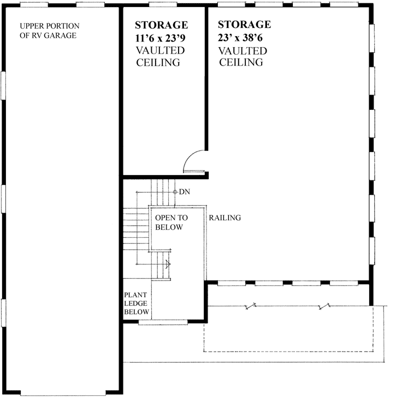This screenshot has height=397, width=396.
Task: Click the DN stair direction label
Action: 184,192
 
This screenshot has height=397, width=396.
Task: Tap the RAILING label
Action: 224,218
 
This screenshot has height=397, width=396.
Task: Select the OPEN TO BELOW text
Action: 171,222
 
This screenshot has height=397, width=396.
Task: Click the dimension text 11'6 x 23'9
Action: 161,38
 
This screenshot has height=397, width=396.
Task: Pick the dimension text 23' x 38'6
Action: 244,38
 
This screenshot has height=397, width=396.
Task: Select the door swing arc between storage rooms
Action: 192,160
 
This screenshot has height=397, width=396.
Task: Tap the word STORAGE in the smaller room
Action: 161,25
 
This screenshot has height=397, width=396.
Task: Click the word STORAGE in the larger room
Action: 244,25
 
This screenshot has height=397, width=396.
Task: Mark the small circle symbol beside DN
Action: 174,192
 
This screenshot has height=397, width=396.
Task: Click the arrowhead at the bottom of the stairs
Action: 168,264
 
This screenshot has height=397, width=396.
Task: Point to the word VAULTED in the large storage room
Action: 243,51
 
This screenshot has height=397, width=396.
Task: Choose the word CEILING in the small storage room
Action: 158,62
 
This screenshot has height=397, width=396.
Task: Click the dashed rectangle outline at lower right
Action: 289,350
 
